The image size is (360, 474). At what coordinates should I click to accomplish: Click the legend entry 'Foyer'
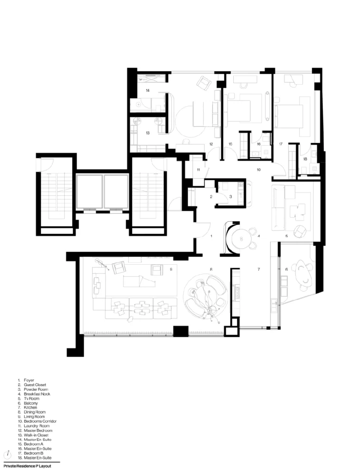click(29, 380)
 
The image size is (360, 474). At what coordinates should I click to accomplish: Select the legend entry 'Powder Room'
click(36, 389)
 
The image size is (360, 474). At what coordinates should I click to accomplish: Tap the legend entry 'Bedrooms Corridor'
click(40, 421)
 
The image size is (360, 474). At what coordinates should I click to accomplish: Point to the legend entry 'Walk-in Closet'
click(36, 435)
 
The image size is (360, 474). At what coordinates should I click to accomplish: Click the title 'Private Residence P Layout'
click(27, 466)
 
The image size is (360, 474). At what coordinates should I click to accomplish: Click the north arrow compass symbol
click(7, 455)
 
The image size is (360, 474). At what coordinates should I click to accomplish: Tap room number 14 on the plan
click(148, 90)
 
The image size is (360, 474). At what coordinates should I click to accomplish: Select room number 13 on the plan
click(148, 133)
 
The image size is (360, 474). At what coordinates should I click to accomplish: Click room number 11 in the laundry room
click(199, 170)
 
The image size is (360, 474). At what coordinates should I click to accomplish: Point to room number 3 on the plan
click(230, 196)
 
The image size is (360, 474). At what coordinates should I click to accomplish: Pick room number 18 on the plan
click(305, 159)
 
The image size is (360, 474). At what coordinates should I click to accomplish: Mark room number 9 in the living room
click(171, 269)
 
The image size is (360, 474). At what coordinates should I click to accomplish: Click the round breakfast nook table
click(241, 239)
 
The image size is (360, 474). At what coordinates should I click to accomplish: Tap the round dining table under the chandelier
click(205, 298)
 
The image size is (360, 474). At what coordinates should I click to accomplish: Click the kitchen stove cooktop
click(236, 293)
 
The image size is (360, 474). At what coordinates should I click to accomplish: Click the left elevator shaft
click(89, 192)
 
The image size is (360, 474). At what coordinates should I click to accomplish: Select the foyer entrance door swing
click(203, 230)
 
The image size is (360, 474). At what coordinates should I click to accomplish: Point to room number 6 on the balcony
click(286, 269)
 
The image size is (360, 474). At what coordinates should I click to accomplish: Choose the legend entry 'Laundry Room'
click(37, 426)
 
